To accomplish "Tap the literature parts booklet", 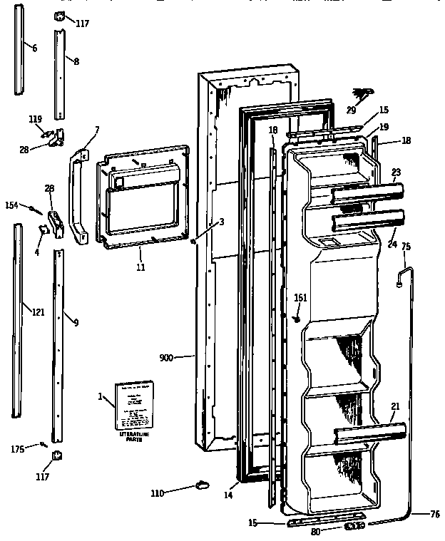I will [x=135, y=406].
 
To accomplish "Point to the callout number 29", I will [x=351, y=110].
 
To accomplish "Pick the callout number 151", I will [x=300, y=298].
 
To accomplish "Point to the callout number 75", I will [x=406, y=247].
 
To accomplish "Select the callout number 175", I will [x=18, y=448].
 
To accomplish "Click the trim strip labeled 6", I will [x=19, y=53].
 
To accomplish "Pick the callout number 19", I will [x=383, y=127].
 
